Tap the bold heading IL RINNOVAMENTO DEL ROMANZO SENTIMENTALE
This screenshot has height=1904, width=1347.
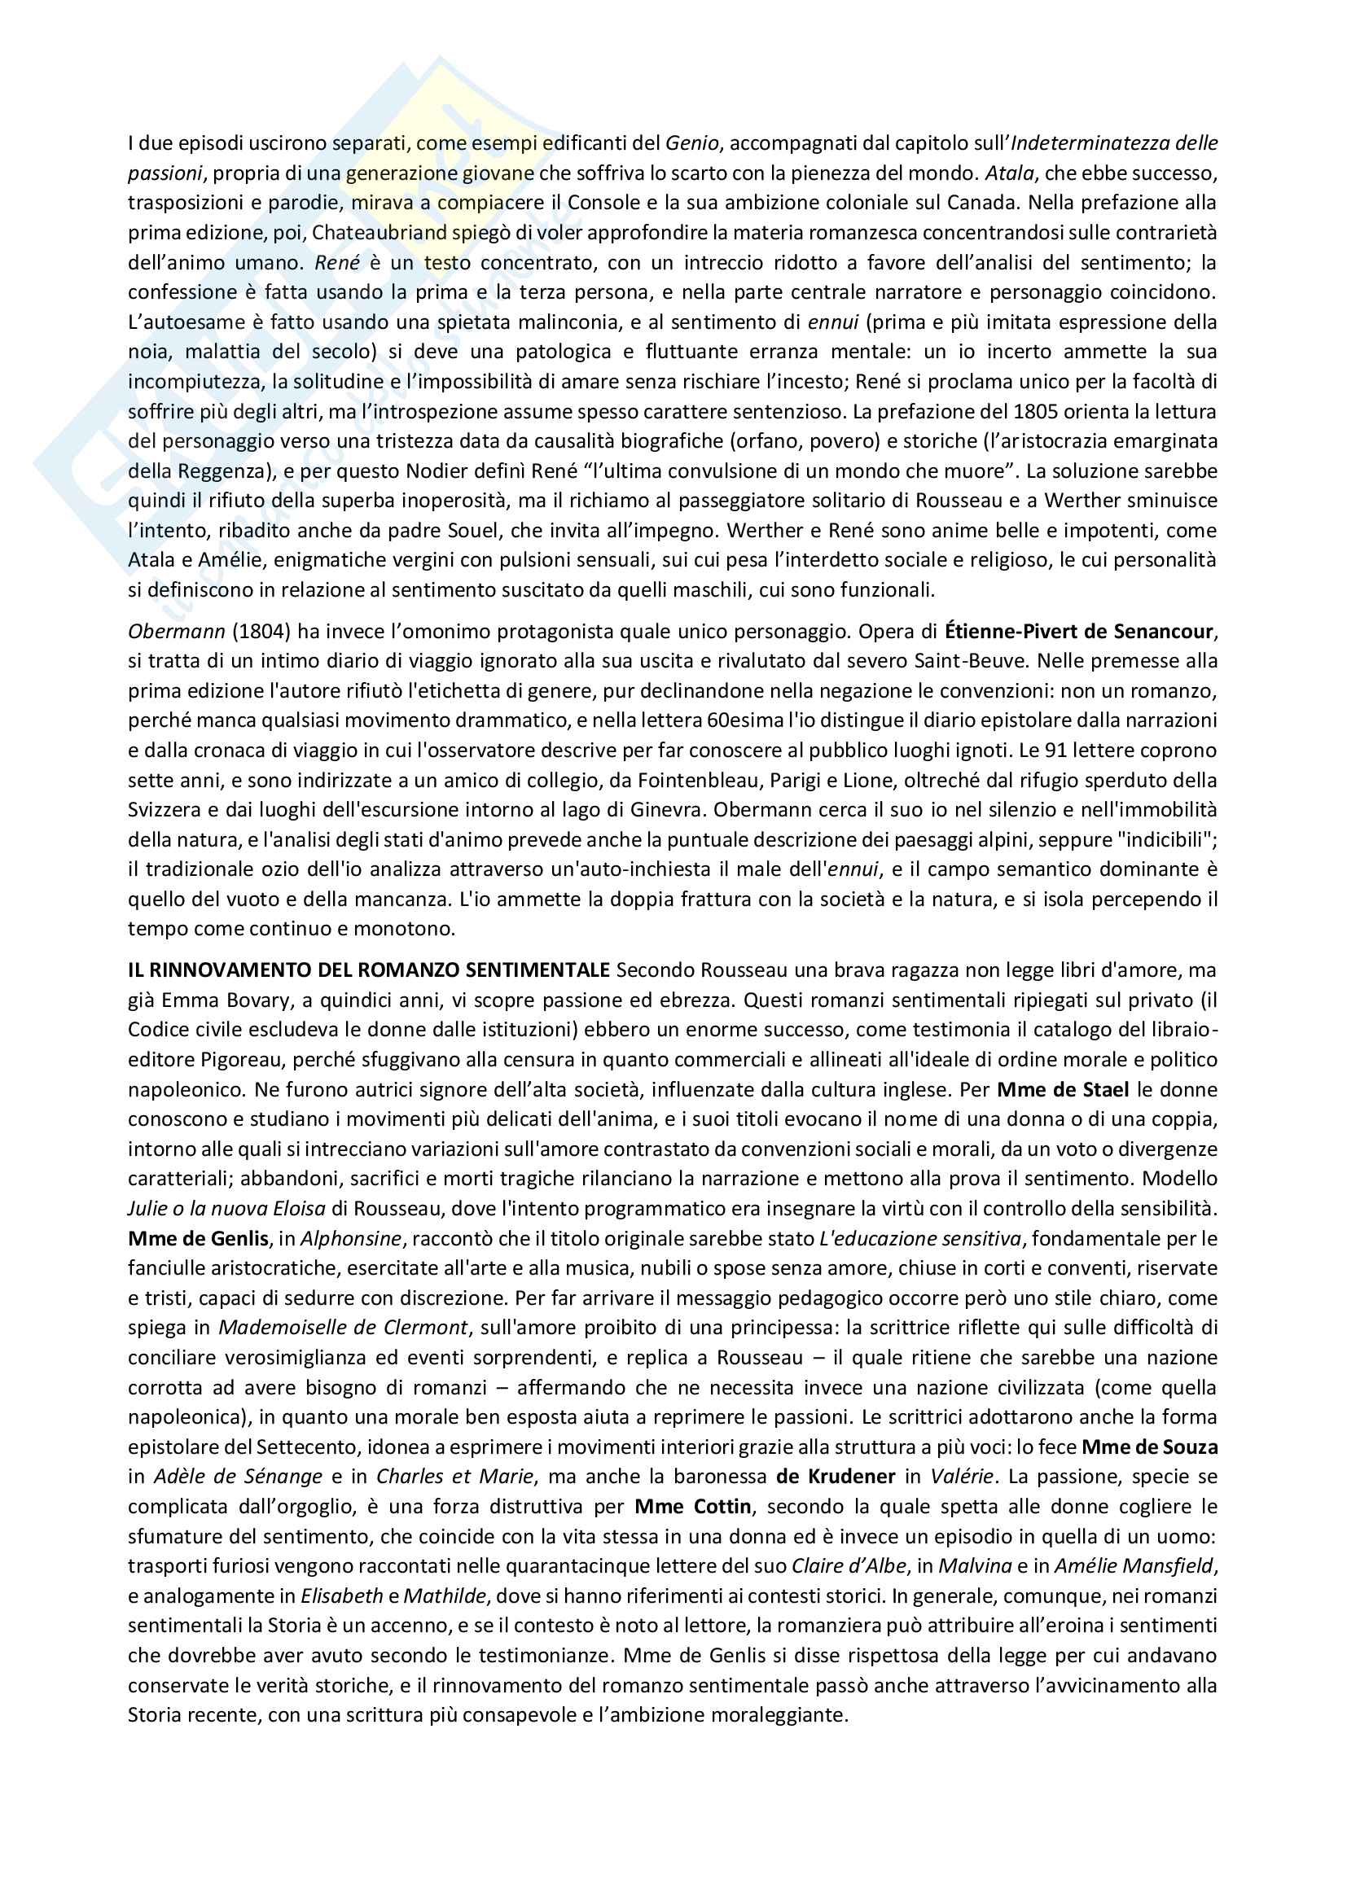click(369, 970)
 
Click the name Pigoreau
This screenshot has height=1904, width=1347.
click(244, 1059)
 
